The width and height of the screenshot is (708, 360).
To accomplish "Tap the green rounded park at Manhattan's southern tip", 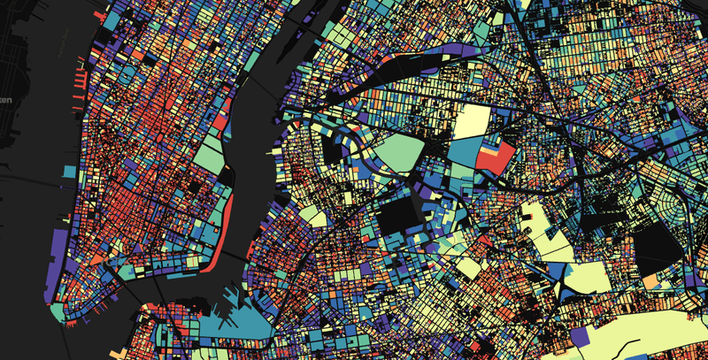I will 58,311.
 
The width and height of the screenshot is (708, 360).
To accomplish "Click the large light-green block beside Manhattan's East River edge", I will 206,156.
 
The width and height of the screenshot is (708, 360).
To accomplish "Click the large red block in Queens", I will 494,157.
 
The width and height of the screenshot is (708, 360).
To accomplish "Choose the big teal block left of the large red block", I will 462,152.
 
